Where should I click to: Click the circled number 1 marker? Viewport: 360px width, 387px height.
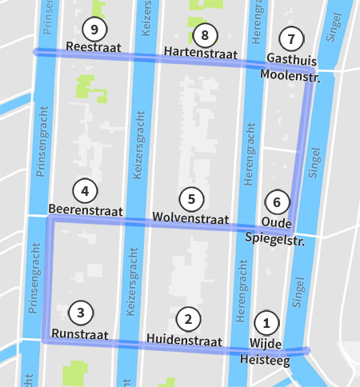tap(266, 324)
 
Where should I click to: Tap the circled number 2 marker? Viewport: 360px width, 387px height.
tap(188, 320)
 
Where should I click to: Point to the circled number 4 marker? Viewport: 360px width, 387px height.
tap(84, 191)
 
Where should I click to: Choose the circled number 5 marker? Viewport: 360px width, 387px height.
tap(191, 199)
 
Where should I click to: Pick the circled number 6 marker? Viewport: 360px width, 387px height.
tap(277, 202)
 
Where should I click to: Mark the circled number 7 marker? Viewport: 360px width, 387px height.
tap(291, 38)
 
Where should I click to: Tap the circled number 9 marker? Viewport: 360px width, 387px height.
tap(94, 30)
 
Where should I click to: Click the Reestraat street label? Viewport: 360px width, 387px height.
tap(94, 49)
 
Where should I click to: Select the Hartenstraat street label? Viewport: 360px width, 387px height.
tap(201, 53)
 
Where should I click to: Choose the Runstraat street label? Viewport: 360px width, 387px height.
tap(79, 333)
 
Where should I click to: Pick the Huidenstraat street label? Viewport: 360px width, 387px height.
tap(184, 341)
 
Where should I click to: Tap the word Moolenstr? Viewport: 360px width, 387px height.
tap(290, 78)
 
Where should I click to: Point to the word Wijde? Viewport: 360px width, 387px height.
tap(266, 343)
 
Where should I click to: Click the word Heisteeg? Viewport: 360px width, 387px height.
tap(266, 360)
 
